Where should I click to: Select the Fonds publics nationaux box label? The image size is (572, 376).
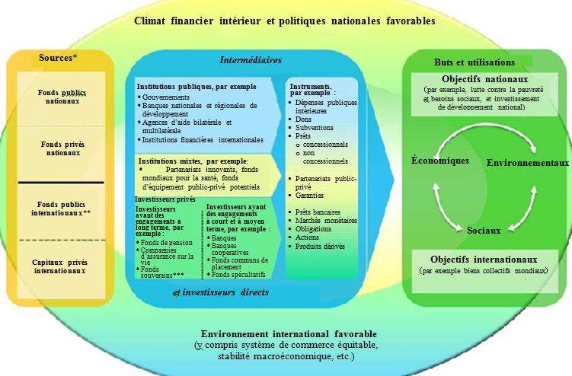[62, 96]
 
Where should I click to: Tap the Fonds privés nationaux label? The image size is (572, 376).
[62, 149]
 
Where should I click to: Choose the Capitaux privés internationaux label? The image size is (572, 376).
[62, 265]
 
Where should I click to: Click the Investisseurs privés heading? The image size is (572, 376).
[160, 199]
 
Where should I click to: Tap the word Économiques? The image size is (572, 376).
[440, 161]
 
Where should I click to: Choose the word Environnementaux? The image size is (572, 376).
[527, 163]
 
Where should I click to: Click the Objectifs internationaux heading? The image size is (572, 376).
[490, 259]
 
